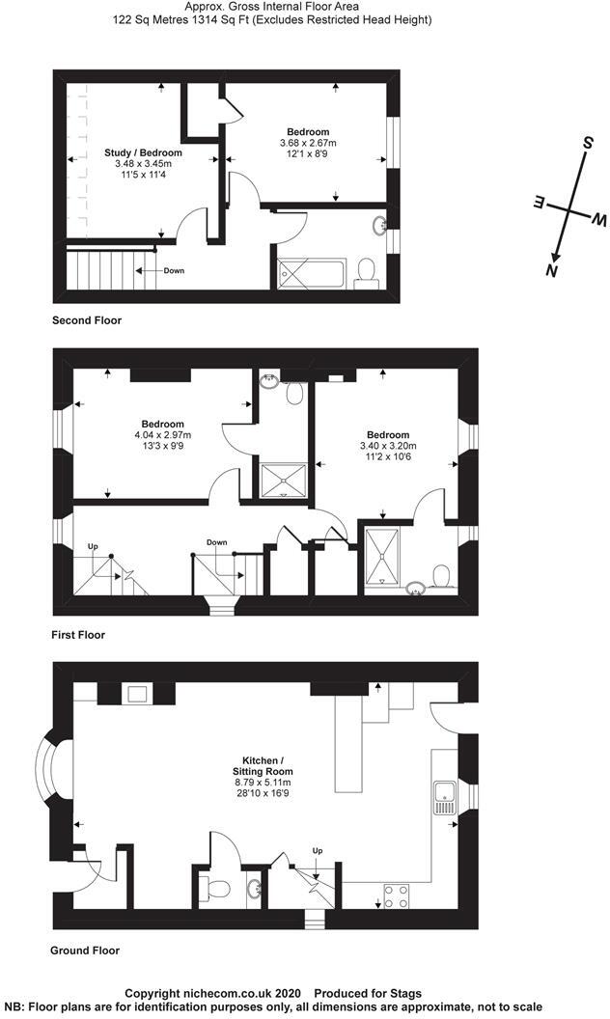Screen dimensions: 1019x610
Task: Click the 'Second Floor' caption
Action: point(87,319)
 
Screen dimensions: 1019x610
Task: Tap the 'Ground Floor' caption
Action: point(85,950)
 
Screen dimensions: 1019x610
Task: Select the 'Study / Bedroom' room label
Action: point(143,152)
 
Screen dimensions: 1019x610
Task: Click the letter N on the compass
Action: point(552,271)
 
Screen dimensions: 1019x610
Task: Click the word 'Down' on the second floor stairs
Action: point(173,270)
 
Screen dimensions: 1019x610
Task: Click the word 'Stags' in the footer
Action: point(404,993)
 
